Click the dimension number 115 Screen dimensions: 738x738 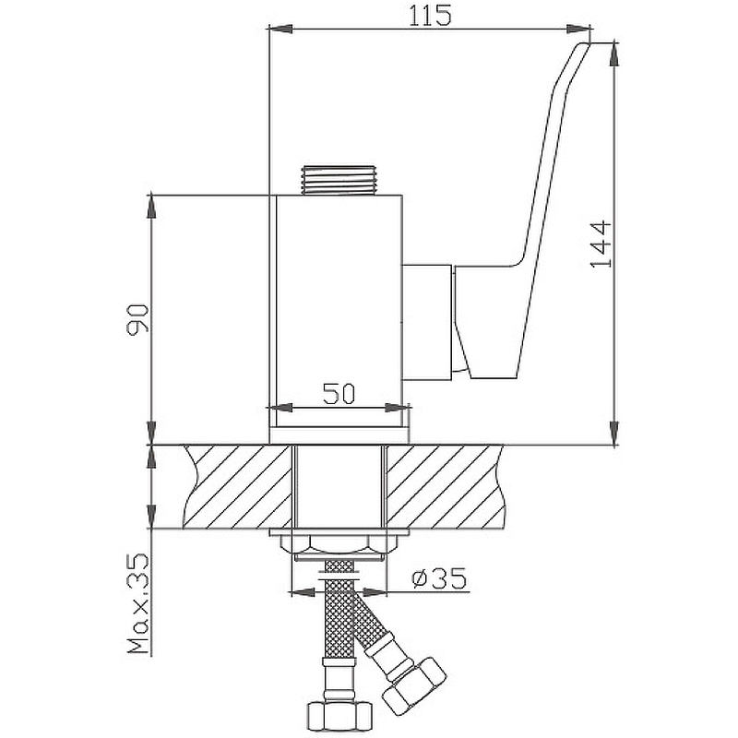pyautogui.click(x=429, y=16)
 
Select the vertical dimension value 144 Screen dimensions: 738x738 pyautogui.click(x=601, y=244)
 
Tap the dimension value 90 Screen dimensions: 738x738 pyautogui.click(x=137, y=319)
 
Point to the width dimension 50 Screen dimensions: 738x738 pyautogui.click(x=339, y=394)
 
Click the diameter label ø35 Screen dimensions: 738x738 pyautogui.click(x=439, y=578)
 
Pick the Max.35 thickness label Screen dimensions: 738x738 pyautogui.click(x=137, y=604)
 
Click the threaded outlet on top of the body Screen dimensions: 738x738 pyautogui.click(x=339, y=180)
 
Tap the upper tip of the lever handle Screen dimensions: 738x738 pyautogui.click(x=585, y=43)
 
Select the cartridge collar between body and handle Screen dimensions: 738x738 pyautogui.click(x=427, y=322)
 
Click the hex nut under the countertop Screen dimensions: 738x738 pyautogui.click(x=339, y=546)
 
